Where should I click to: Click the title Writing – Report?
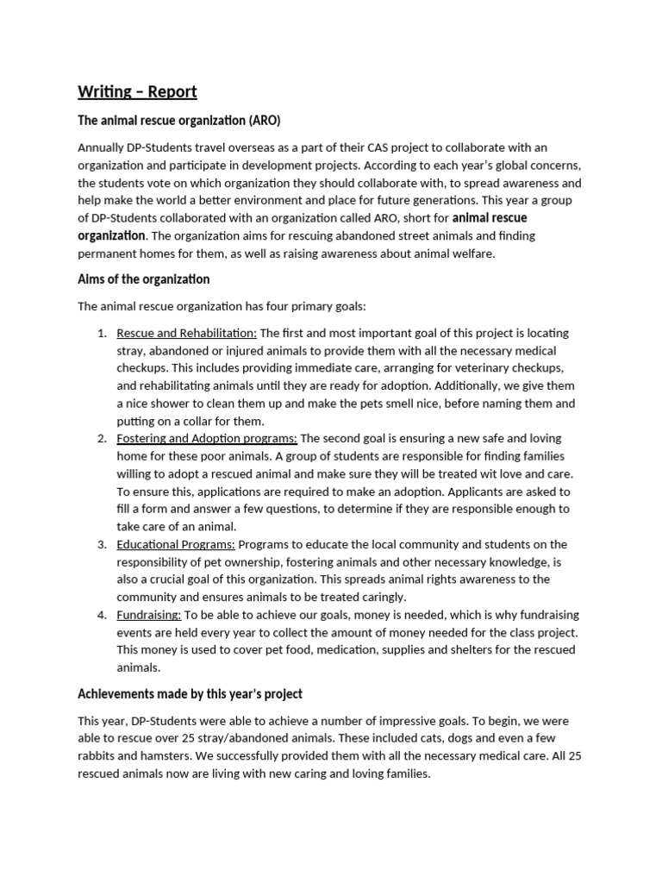click(137, 91)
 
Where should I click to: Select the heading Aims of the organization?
click(144, 279)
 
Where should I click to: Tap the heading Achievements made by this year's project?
click(190, 694)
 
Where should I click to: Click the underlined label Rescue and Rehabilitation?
click(186, 333)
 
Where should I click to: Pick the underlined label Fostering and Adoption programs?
click(207, 439)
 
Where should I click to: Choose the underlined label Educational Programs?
click(176, 544)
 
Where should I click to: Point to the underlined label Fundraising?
click(148, 615)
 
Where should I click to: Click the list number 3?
click(101, 544)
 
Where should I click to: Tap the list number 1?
click(101, 333)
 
